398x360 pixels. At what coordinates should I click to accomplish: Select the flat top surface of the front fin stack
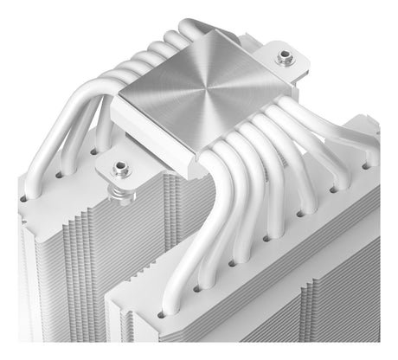tap(286, 260)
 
